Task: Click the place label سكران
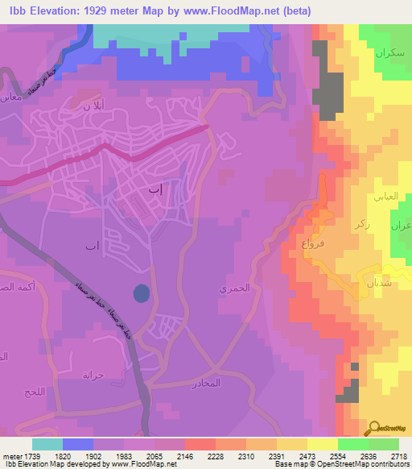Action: (388, 54)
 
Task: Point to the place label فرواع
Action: (313, 243)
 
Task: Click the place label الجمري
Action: (235, 288)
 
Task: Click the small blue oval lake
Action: (141, 293)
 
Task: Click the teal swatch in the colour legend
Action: (47, 444)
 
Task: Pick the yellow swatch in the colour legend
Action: (322, 444)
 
